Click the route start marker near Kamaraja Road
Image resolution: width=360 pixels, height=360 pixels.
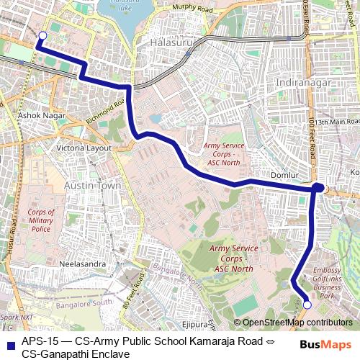(42, 35)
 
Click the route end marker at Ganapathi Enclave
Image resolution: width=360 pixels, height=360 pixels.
(307, 305)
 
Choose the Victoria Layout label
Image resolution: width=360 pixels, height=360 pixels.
(84, 148)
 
